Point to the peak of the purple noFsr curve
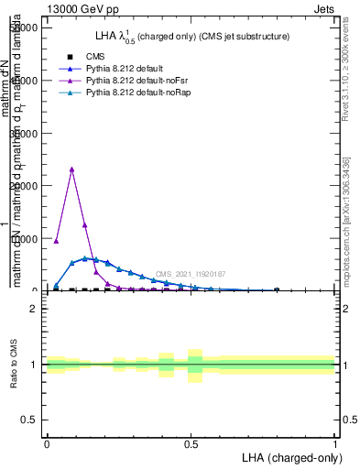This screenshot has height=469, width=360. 71,169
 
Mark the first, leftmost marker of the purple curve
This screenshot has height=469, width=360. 56,241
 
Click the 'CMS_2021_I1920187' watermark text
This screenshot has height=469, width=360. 194,274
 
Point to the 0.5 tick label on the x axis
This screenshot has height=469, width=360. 191,443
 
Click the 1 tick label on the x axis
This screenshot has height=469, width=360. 334,443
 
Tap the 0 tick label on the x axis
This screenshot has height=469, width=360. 47,443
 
